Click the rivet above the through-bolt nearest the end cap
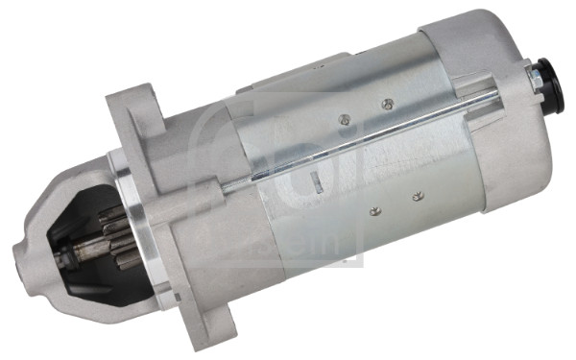387,104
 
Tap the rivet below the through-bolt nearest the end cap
417,197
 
